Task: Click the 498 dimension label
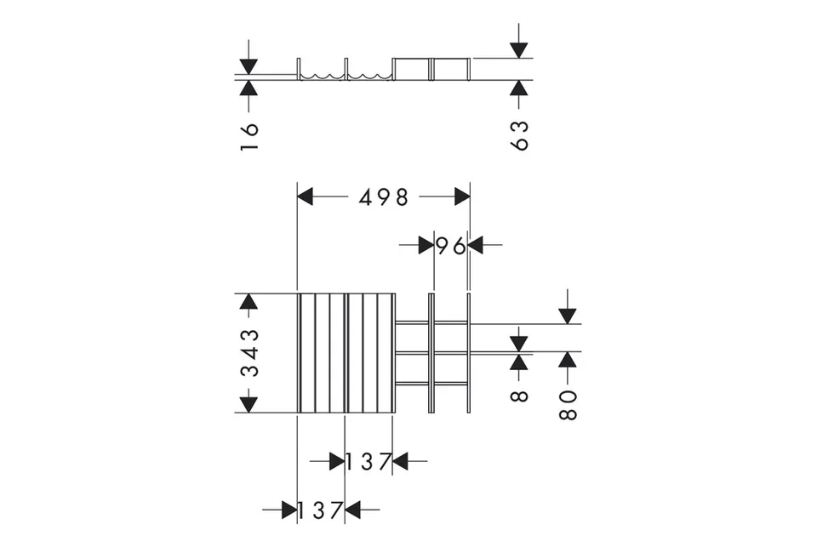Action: (x=384, y=197)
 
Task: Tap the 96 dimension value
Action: (x=451, y=246)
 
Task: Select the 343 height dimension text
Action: (x=250, y=353)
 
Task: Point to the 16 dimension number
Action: (x=250, y=137)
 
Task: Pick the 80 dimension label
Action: (x=568, y=405)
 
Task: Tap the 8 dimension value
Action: (x=519, y=396)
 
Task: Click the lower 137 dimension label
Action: (x=320, y=510)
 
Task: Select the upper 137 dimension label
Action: (x=369, y=462)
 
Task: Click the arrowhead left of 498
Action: (x=305, y=197)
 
